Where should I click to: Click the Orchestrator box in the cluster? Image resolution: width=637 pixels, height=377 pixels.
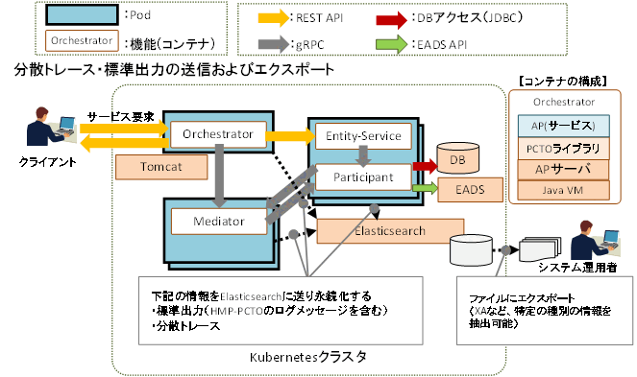pos(217,134)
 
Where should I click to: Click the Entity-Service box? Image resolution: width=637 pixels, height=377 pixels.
pos(363,136)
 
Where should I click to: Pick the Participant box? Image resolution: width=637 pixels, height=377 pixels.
pos(363,177)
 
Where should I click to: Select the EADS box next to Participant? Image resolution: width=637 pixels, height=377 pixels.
pos(463,191)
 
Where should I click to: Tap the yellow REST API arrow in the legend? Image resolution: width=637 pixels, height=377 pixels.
pos(280,16)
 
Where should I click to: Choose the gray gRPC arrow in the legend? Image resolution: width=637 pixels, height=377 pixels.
pos(280,42)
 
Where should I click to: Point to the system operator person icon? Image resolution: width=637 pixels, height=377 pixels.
pos(590,239)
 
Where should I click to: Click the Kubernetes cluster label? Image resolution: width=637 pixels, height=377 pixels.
pos(307,357)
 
